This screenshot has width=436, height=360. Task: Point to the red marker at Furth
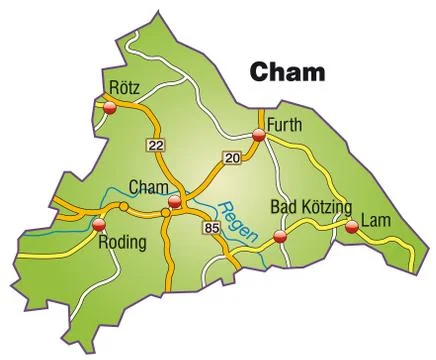(258, 134)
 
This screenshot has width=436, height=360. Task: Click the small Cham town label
(150, 186)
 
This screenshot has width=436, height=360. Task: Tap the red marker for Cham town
(175, 202)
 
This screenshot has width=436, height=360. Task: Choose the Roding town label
(125, 241)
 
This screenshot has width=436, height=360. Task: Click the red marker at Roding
(98, 226)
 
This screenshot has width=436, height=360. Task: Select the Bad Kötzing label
(312, 207)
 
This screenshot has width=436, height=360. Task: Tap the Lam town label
(375, 219)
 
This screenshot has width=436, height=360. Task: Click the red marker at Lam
(351, 228)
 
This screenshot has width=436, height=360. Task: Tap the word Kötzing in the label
(327, 208)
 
